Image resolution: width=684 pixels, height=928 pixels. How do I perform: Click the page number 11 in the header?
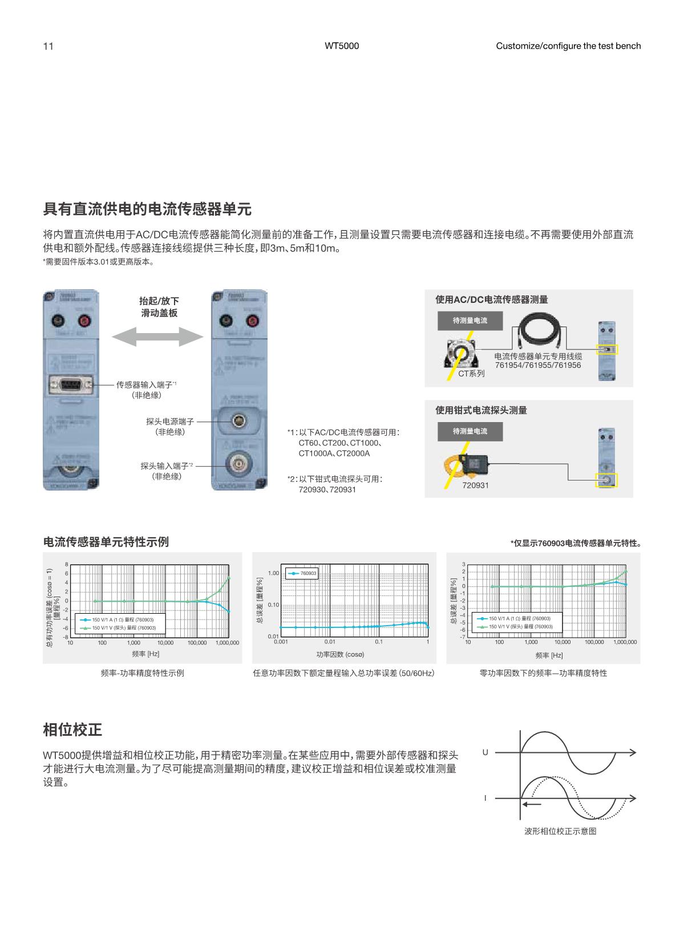coord(48,46)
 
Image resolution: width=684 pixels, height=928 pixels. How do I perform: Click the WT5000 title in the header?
coord(342,46)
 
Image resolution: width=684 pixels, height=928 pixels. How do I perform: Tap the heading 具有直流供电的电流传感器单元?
coord(147,209)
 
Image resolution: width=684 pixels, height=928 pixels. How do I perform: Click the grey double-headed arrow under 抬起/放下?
coord(157,336)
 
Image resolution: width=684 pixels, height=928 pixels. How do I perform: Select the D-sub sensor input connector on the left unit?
coord(71,385)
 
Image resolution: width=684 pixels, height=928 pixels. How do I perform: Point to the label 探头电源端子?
coord(169,422)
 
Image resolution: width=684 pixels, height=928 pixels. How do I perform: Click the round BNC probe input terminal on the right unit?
coord(238,464)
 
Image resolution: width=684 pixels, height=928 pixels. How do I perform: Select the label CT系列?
coord(471,374)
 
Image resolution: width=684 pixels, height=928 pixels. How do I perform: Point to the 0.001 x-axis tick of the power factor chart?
coord(280,642)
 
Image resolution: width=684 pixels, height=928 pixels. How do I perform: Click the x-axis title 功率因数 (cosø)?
coord(340,654)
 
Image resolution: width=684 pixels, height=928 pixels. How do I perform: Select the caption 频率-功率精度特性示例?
coord(142,673)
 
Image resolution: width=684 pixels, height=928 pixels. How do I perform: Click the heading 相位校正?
coord(72,729)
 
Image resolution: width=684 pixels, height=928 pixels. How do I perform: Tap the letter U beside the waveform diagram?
coord(485,752)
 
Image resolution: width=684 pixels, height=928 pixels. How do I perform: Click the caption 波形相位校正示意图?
coord(560,831)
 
